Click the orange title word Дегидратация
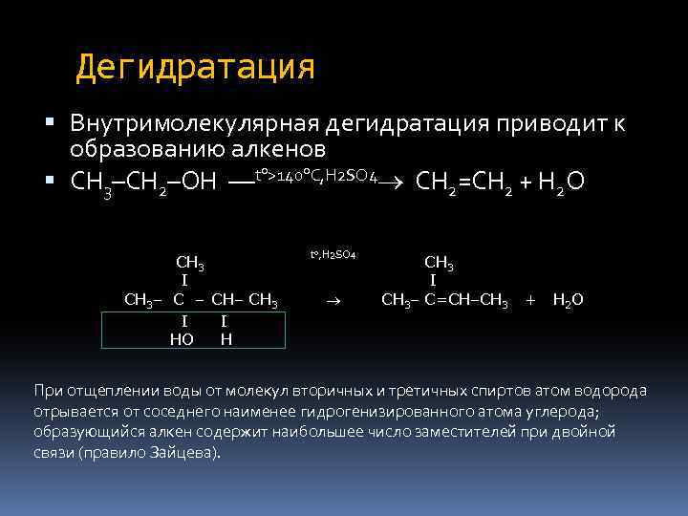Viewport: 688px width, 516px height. pos(195,68)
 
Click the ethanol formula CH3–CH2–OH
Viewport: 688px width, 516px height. pos(143,181)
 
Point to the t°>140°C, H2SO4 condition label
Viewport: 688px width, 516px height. pos(315,176)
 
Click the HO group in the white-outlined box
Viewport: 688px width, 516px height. pos(181,338)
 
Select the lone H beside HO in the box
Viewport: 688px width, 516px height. pos(226,338)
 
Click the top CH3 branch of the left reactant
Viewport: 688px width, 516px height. pos(191,263)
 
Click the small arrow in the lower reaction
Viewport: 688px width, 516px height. pos(332,301)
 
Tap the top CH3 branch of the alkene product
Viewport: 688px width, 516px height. pos(439,263)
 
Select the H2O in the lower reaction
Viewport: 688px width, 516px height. pos(568,300)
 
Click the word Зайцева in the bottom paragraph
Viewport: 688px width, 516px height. pos(191,452)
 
